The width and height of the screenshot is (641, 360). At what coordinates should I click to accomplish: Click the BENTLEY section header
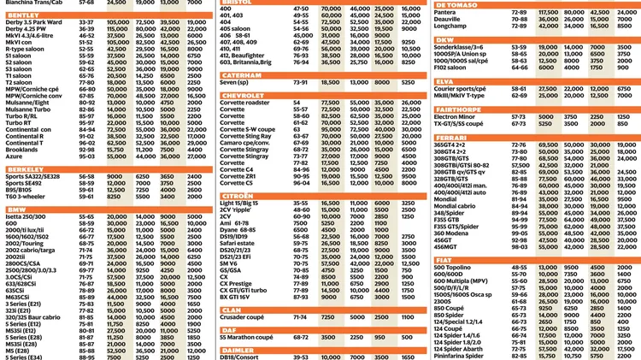[x=23, y=15]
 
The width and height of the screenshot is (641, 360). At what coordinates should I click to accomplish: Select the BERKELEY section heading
[x=25, y=168]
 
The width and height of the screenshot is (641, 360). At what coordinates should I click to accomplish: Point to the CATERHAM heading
[x=241, y=75]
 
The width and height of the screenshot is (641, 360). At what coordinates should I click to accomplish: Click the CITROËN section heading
[x=238, y=195]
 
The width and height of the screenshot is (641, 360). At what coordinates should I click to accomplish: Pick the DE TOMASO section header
[x=457, y=4]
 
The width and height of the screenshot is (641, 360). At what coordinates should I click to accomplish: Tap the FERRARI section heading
[x=451, y=137]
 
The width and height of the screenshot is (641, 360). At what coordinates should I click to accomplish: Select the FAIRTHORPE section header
[x=458, y=109]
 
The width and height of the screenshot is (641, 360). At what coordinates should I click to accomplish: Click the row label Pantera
[x=445, y=12]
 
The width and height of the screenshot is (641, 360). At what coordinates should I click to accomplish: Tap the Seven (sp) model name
[x=234, y=83]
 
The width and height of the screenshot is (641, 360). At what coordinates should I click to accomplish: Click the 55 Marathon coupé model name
[x=250, y=337]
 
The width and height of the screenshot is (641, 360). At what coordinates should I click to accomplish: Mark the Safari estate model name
[x=238, y=243]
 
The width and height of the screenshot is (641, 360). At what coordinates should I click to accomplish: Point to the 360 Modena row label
[x=452, y=233]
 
